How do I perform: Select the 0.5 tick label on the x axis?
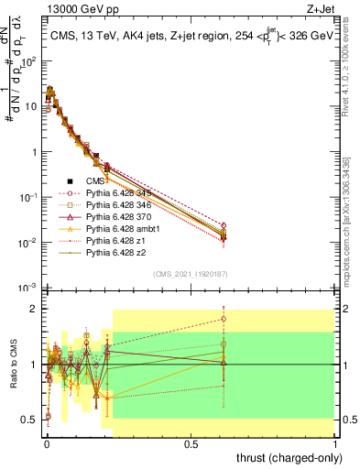pos(191,442)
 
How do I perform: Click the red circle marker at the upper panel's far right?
pos(327,225)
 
